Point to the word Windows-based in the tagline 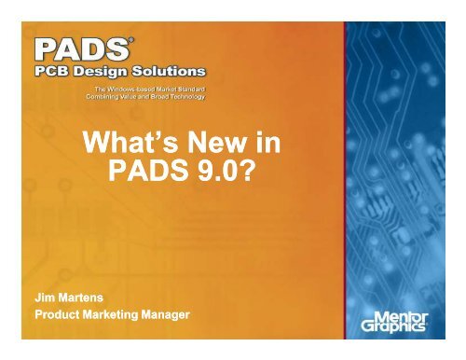130,87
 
